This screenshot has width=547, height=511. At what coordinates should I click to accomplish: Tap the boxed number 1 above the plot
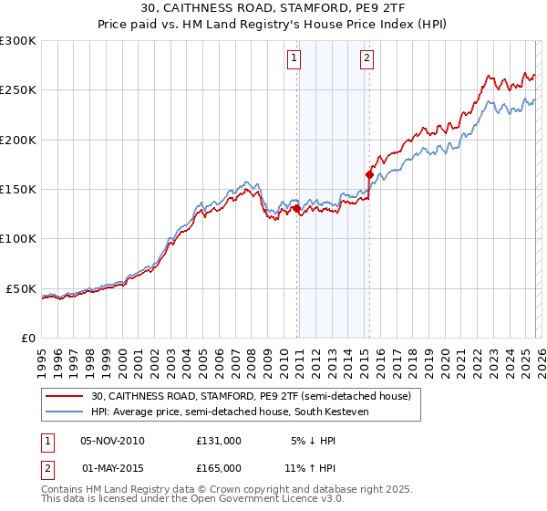tap(295, 59)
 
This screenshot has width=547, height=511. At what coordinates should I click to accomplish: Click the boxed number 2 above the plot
tap(366, 59)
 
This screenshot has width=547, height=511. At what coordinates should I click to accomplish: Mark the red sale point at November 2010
tap(297, 209)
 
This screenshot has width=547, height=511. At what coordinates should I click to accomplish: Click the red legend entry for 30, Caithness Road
tap(251, 396)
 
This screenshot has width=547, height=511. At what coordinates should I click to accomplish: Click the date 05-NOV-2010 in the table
tap(112, 441)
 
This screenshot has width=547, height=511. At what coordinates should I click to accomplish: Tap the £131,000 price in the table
tap(218, 441)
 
